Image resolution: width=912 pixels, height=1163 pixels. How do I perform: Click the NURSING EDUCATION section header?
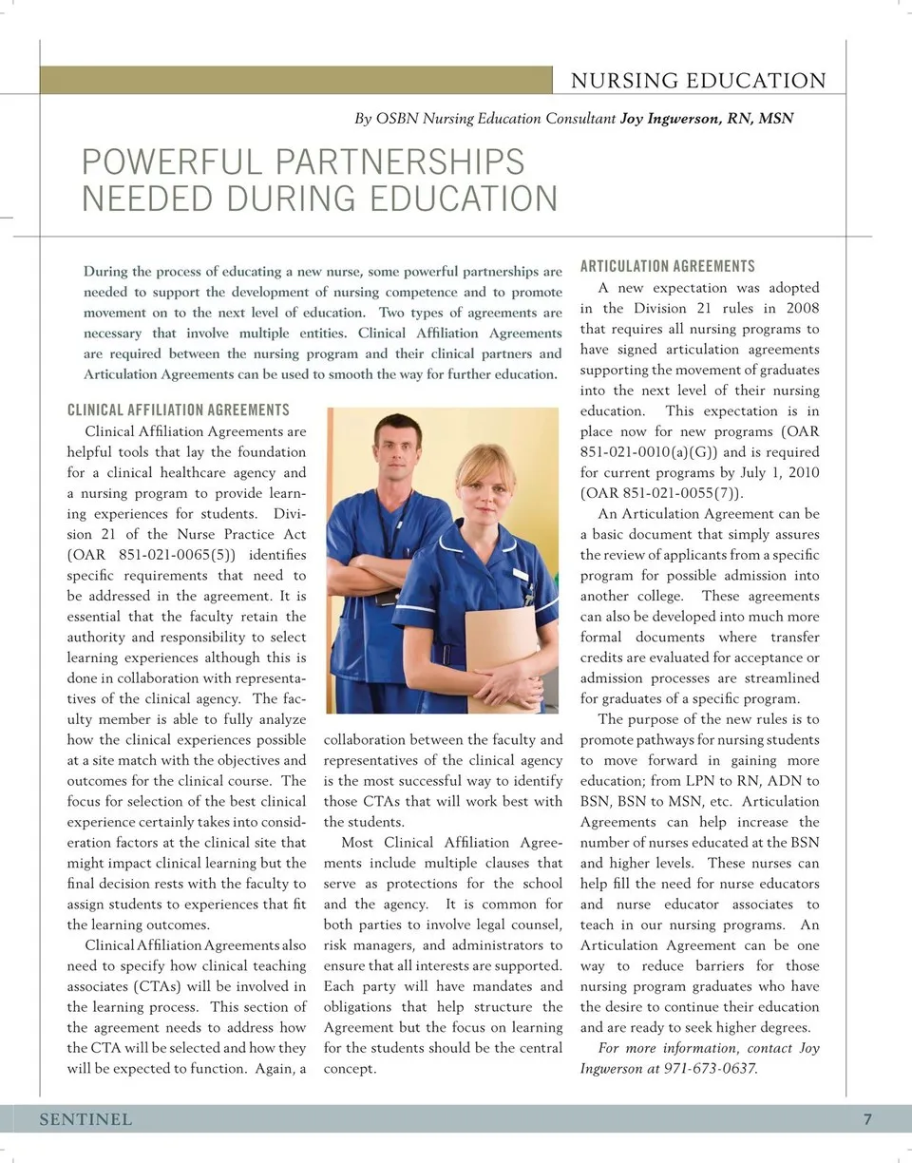[x=698, y=82]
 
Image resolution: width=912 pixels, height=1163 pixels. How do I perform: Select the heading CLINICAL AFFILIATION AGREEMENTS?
[x=179, y=410]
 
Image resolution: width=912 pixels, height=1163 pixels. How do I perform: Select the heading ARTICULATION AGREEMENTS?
[x=667, y=266]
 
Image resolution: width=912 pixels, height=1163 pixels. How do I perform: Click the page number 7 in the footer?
[x=867, y=1119]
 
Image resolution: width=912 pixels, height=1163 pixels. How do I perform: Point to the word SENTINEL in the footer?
[x=85, y=1119]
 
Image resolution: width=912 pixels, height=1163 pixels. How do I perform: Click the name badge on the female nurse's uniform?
[x=520, y=574]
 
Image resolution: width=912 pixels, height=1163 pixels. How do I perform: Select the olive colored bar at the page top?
[x=295, y=80]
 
